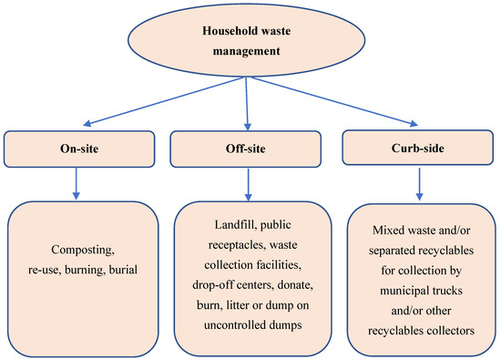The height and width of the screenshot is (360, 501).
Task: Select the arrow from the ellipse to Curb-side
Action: tap(337, 104)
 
